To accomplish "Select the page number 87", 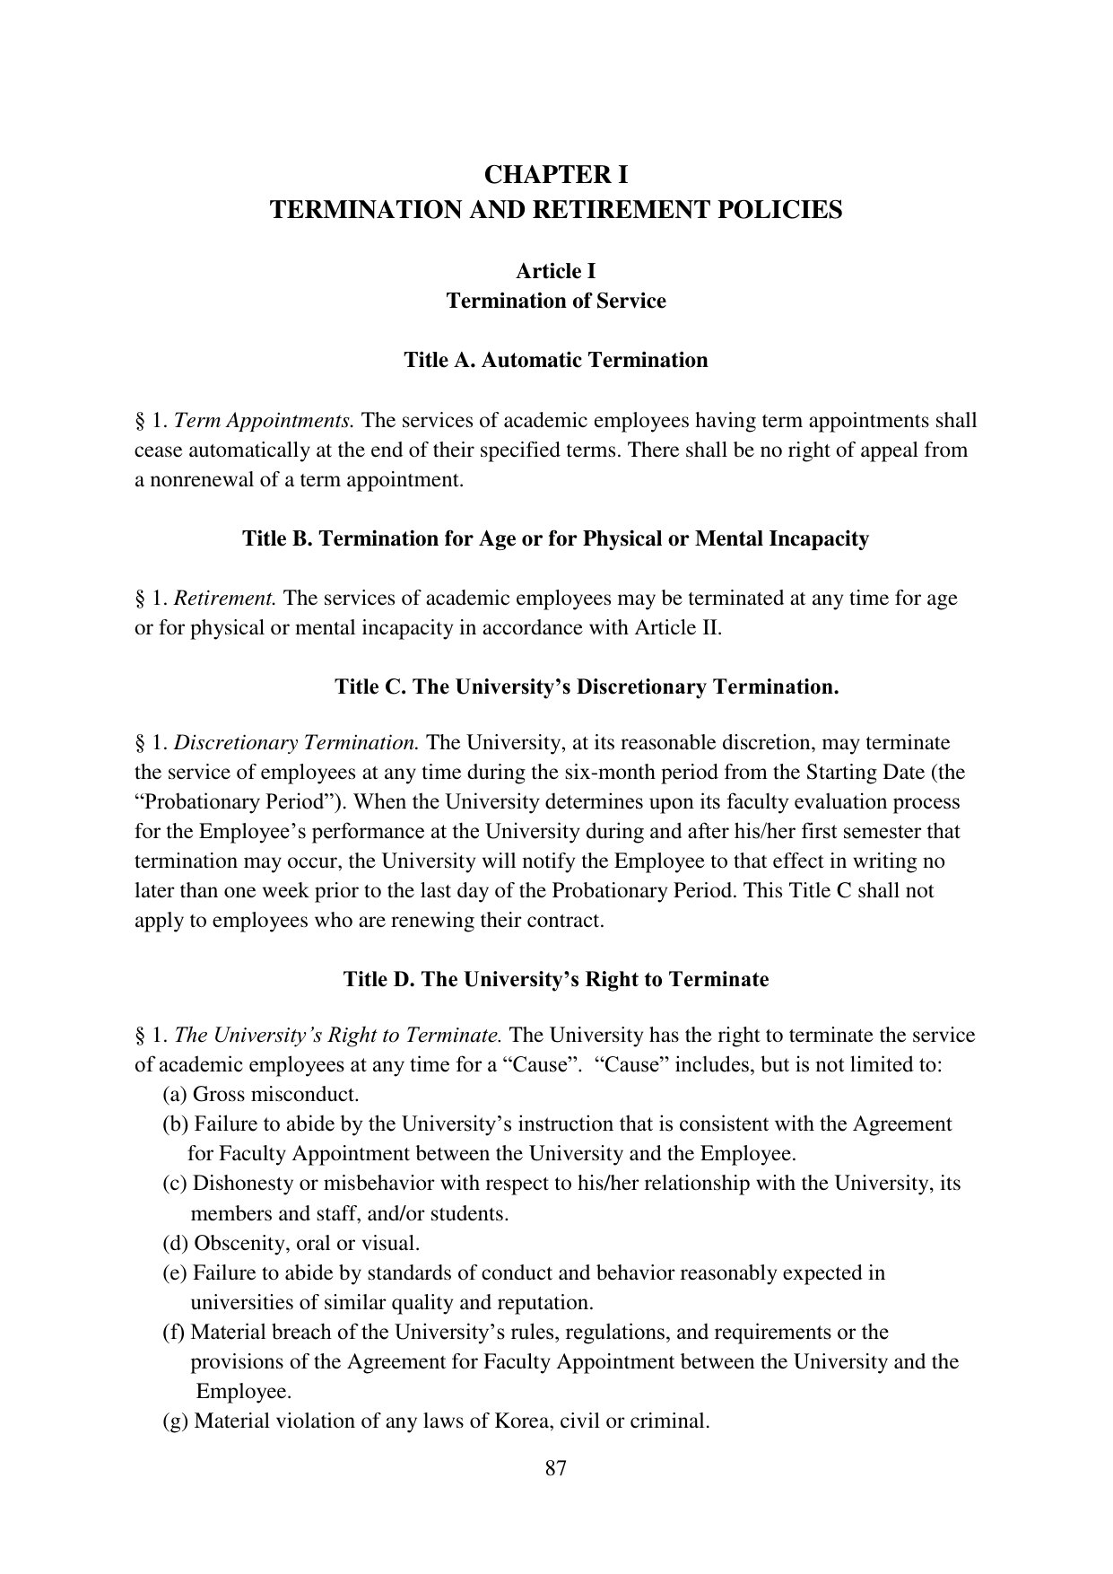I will click(x=556, y=1468).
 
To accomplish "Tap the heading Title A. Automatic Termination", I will click(x=555, y=360).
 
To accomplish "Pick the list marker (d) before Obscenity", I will click(x=176, y=1244).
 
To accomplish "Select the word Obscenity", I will click(x=237, y=1244).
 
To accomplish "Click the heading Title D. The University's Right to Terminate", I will click(x=556, y=979).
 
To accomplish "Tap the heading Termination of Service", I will click(x=556, y=301).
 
